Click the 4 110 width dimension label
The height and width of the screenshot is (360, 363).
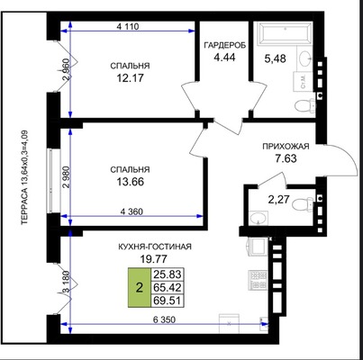128,27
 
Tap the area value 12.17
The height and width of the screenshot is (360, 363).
130,78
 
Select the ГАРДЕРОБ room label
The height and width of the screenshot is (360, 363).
225,45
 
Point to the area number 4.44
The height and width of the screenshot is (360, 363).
224,57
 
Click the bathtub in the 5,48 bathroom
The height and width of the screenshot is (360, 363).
285,33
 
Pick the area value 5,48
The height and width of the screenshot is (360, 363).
275,58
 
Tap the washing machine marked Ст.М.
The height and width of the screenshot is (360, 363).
303,81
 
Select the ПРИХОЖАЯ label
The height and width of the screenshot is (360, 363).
286,147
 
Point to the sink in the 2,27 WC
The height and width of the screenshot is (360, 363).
259,218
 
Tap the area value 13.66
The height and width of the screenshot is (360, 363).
130,182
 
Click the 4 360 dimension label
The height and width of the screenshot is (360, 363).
132,211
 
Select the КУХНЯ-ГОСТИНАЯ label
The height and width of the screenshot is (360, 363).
155,247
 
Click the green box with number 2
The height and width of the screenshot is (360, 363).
140,287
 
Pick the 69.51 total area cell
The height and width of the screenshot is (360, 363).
167,301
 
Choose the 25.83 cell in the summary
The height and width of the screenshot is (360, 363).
167,274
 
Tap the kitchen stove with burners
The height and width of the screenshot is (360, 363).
258,280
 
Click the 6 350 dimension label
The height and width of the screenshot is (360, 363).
164,319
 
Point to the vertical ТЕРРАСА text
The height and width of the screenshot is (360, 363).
24,177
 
